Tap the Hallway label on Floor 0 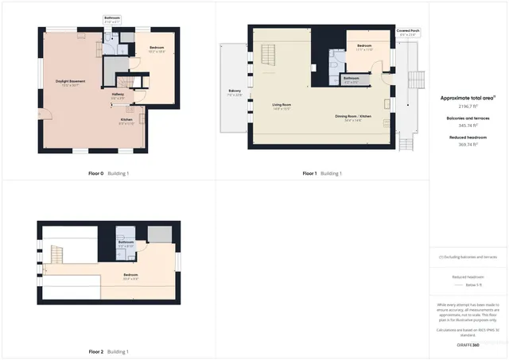pos(117,95)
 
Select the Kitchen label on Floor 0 pos(126,122)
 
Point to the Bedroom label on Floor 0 pos(157,49)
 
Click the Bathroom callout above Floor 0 pos(112,18)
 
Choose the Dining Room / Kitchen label pos(353,118)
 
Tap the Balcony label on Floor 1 pos(235,91)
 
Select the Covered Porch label pos(409,31)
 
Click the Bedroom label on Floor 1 pos(364,47)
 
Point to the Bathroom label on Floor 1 pos(351,79)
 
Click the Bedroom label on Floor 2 pos(131,277)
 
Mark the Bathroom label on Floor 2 pos(126,242)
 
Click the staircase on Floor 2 pos(56,254)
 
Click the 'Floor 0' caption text pos(95,172)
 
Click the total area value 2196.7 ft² pos(468,106)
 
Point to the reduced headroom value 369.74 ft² pos(468,145)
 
